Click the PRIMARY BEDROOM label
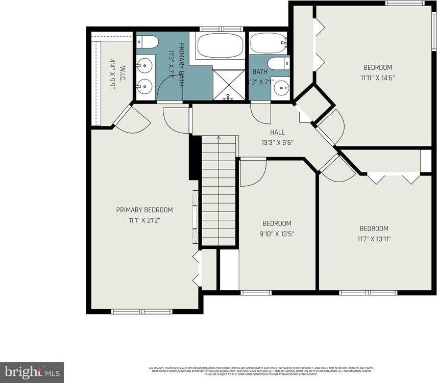pos(144,210)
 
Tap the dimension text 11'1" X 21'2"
pos(144,220)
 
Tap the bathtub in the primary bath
pos(221,45)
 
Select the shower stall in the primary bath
pos(228,84)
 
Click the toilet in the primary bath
pos(148,41)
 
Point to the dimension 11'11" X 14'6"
pos(377,78)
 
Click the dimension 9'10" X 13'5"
pos(277,234)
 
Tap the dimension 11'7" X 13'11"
pos(374,239)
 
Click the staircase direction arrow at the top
pos(218,138)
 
